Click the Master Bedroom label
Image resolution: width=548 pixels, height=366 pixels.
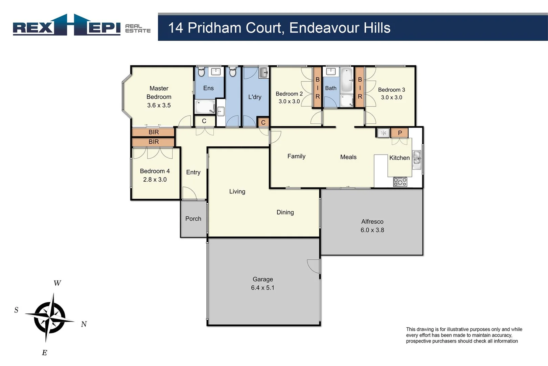(159, 93)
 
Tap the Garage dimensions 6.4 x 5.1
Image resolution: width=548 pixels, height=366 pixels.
(262, 288)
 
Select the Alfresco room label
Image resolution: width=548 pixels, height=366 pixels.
(372, 222)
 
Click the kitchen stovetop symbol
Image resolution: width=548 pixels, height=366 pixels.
(400, 182)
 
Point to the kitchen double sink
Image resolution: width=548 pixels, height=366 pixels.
(417, 160)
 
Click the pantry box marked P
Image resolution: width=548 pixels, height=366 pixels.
(399, 133)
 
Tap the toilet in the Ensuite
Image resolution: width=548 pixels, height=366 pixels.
(201, 72)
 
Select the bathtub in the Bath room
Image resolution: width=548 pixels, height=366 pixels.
(346, 80)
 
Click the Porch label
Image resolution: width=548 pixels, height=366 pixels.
(193, 219)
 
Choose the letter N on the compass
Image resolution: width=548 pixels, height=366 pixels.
(84, 324)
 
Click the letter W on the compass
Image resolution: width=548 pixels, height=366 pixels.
(57, 283)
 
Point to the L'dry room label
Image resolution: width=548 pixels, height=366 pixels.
(255, 97)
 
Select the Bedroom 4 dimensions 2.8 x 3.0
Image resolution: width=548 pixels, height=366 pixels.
(155, 180)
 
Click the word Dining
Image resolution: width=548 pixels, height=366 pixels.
(285, 212)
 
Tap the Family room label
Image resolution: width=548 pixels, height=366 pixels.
(296, 156)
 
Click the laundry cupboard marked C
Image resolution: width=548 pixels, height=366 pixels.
(263, 122)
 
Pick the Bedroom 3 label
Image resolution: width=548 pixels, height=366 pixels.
(391, 90)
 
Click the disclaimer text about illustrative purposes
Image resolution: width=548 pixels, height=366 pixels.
(464, 335)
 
